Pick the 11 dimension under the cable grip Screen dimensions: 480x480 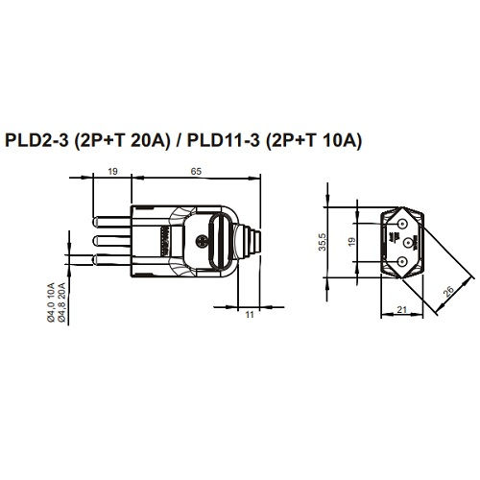click(x=248, y=314)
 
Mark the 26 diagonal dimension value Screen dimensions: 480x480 click(x=448, y=289)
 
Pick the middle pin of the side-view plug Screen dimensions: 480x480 click(x=107, y=239)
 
